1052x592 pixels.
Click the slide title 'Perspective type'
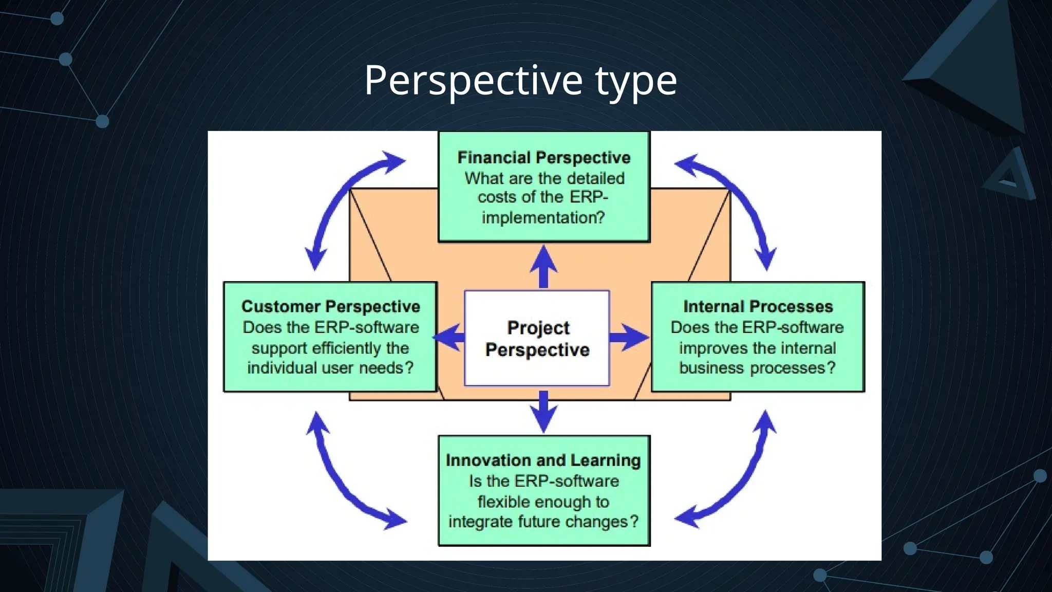520,80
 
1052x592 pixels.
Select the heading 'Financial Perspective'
544,157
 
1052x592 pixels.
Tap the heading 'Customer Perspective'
331,306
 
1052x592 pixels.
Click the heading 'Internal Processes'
758,306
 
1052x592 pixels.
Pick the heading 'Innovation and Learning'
543,460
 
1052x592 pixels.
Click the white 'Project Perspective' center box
537,338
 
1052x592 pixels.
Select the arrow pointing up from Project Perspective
543,266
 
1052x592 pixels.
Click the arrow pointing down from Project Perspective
543,411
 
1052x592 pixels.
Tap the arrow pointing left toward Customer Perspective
450,338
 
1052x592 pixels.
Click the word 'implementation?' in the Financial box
543,218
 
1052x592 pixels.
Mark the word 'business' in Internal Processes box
711,368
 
